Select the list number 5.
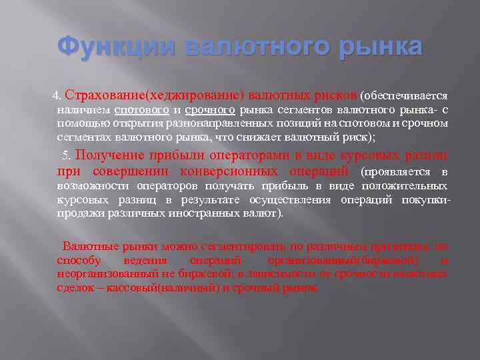tap(65, 155)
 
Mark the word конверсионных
tap(210, 171)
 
